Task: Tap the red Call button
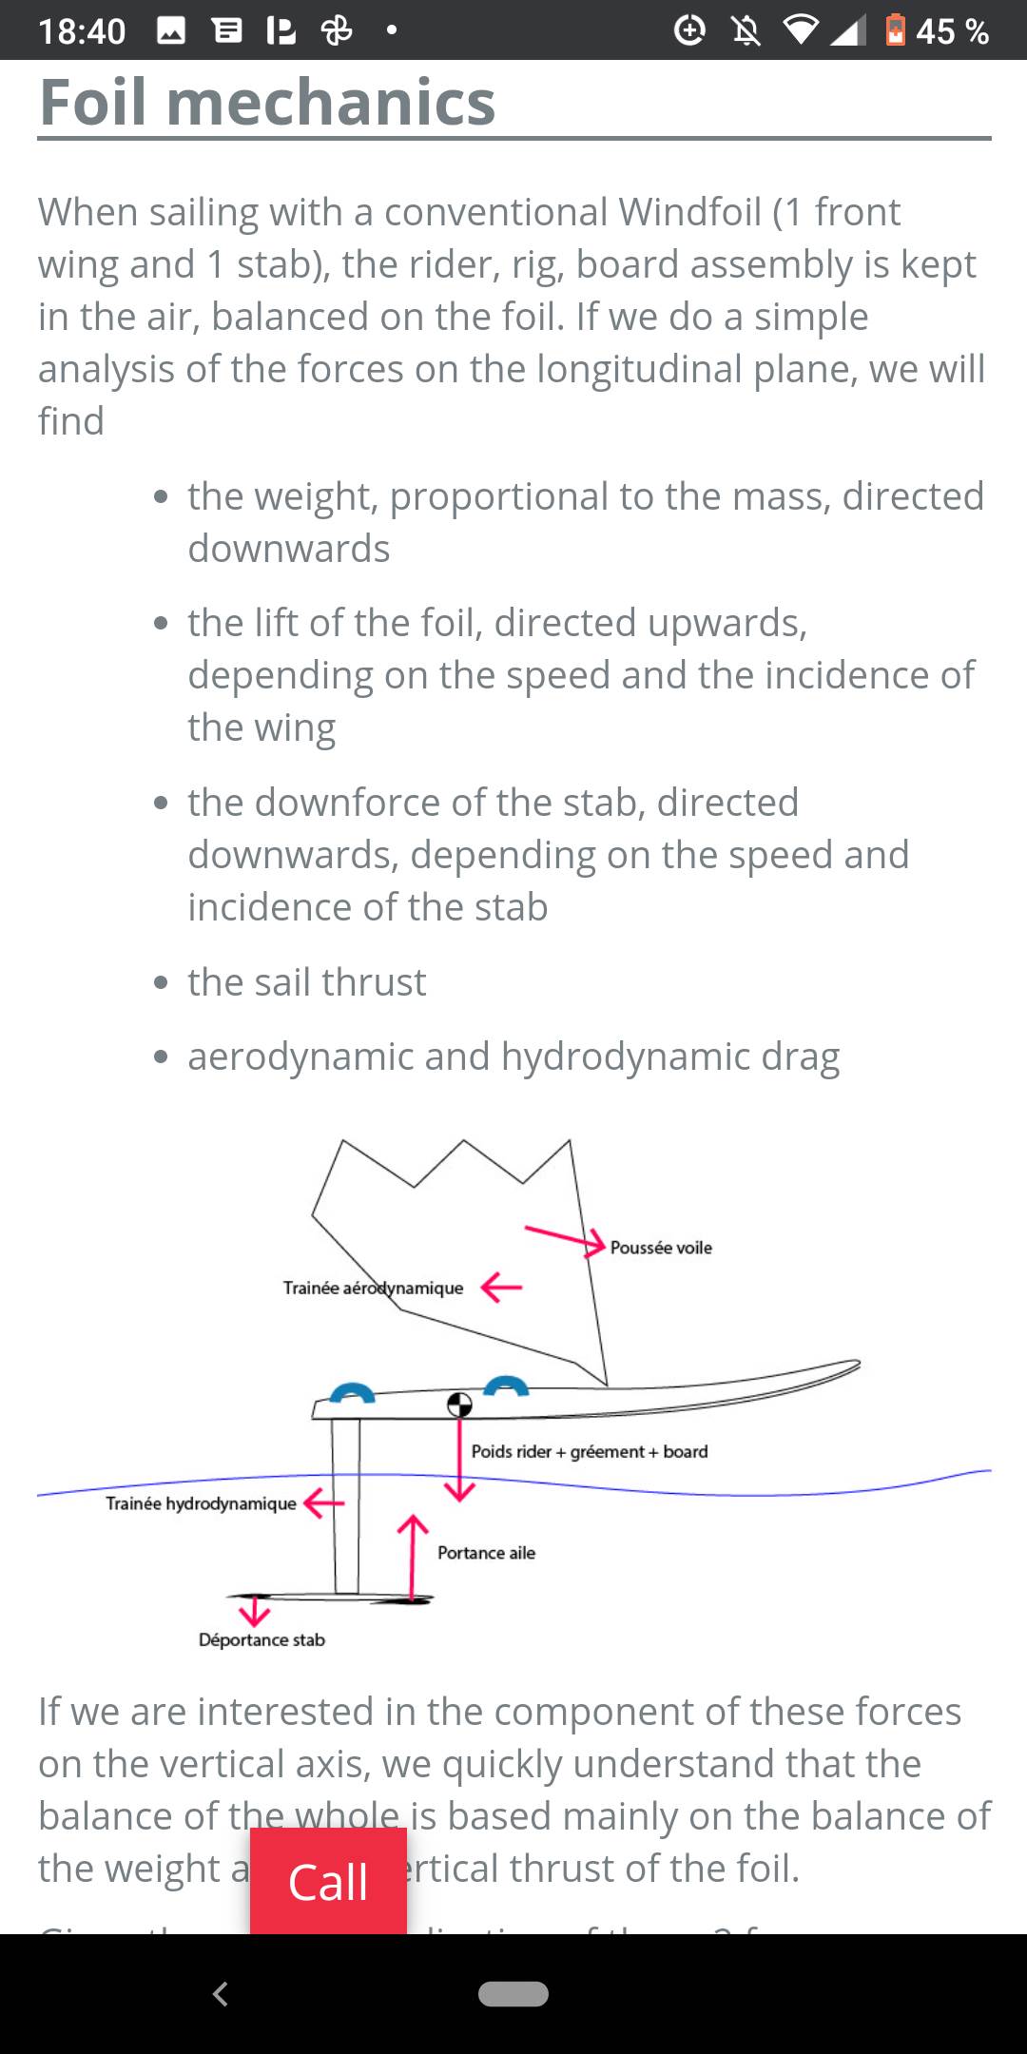328,1881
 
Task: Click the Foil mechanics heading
267,102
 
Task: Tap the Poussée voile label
661,1248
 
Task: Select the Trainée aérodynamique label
373,1288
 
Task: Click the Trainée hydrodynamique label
201,1503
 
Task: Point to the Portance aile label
486,1553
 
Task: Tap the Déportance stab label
262,1639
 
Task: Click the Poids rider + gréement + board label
590,1451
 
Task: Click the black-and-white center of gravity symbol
459,1405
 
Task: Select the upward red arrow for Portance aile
412,1556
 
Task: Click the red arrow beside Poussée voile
565,1238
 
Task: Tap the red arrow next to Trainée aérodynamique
501,1288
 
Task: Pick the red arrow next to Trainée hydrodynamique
323,1502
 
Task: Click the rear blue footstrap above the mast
351,1392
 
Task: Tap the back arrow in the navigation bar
221,1993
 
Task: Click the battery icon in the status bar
895,30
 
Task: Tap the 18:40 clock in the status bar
82,31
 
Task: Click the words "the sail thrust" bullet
306,981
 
